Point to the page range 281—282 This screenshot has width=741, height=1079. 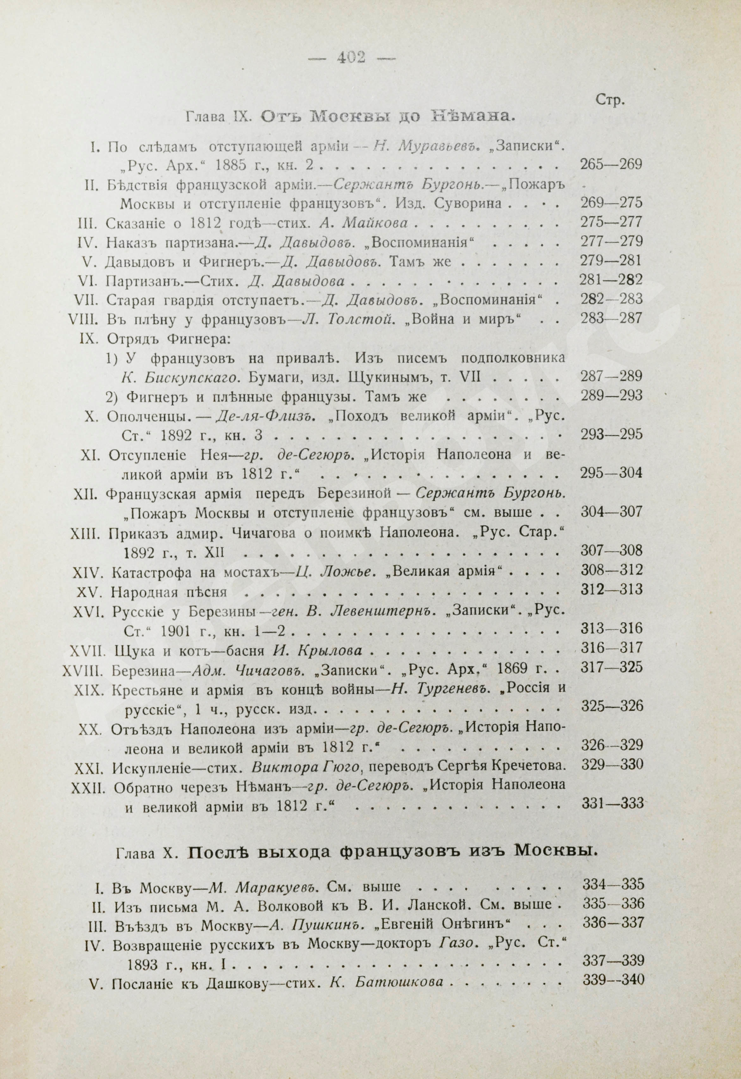[611, 281]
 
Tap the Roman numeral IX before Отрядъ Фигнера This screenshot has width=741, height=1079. [88, 338]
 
